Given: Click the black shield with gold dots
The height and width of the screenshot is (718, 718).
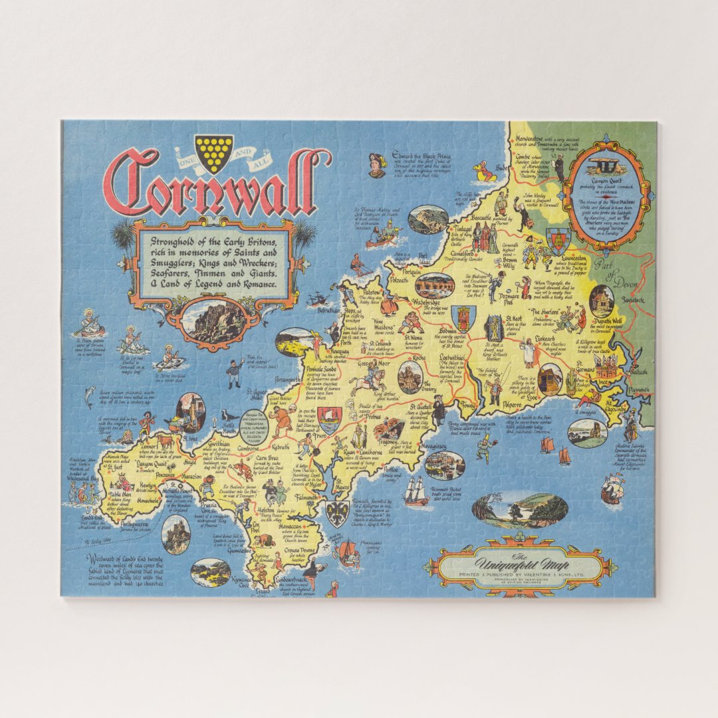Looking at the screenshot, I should click(214, 152).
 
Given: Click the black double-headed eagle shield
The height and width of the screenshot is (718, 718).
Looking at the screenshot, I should click(337, 511).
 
